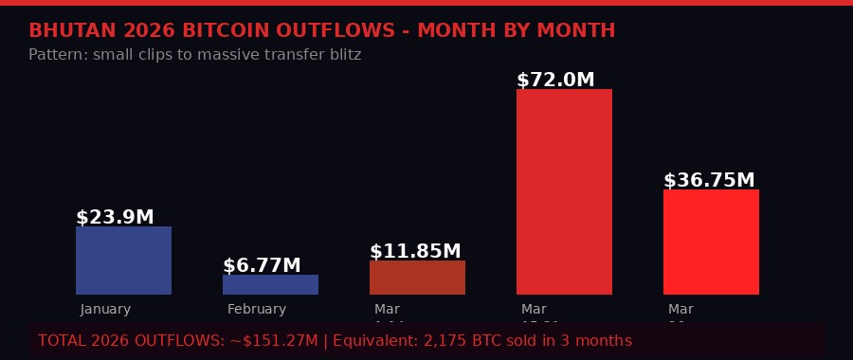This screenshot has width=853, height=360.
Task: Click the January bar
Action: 123,261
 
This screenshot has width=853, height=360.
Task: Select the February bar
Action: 270,284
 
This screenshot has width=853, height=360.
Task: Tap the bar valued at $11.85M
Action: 417,278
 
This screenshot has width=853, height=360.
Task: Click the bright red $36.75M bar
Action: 711,242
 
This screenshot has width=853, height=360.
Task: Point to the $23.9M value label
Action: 115,218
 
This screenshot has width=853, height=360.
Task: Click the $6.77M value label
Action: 262,266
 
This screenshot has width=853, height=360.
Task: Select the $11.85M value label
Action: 415,252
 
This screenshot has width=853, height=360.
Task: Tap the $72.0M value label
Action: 555,81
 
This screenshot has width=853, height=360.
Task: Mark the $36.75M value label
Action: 709,181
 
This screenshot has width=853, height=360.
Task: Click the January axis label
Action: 105,310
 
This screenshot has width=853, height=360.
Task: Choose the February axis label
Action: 256,310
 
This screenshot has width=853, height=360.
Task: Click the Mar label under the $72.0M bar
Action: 534,310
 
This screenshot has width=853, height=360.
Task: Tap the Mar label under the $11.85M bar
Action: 387,310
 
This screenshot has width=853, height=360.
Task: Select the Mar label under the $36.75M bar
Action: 681,310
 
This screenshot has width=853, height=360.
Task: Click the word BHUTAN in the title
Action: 72,31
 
